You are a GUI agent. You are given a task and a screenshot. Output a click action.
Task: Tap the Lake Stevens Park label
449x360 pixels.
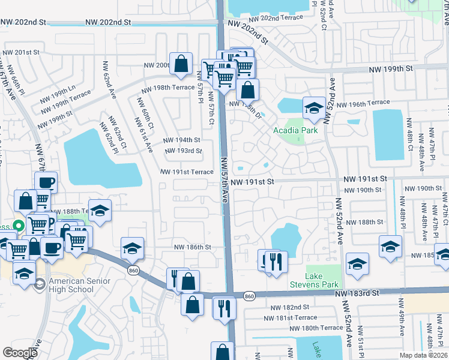[x=322, y=280]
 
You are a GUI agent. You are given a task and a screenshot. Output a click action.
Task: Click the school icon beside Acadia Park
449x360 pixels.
[x=313, y=109]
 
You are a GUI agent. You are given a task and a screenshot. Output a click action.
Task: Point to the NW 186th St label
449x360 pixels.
[x=192, y=247]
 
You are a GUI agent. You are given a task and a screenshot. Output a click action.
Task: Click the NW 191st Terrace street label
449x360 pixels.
[x=186, y=172]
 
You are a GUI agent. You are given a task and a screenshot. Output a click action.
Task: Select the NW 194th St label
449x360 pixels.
[x=182, y=140]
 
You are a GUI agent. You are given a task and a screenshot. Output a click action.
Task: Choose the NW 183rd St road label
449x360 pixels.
[x=358, y=293]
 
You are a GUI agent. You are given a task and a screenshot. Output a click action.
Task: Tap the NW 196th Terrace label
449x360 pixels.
[x=363, y=104]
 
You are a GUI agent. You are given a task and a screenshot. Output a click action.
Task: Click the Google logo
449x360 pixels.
[x=20, y=352]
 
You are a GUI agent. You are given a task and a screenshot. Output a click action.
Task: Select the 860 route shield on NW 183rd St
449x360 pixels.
[x=250, y=296]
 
